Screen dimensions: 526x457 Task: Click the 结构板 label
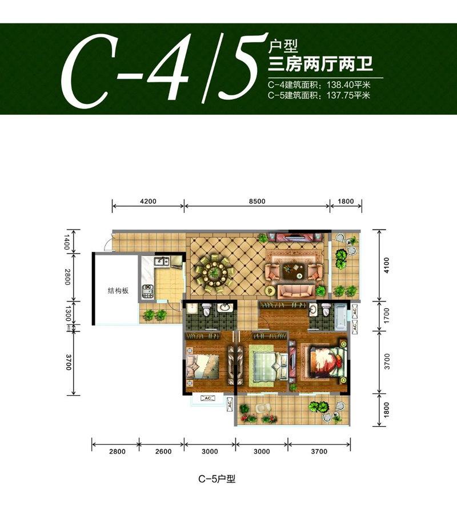[x=118, y=291]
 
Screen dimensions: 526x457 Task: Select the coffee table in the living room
[x=299, y=271]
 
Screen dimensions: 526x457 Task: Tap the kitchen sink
[x=161, y=262]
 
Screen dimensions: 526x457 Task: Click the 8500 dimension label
[x=257, y=201]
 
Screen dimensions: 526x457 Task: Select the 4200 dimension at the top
[x=147, y=201]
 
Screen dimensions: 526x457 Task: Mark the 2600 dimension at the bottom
[x=163, y=452]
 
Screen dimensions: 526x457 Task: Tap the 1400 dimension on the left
[x=67, y=240]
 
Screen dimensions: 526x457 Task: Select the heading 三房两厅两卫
[x=320, y=63]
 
